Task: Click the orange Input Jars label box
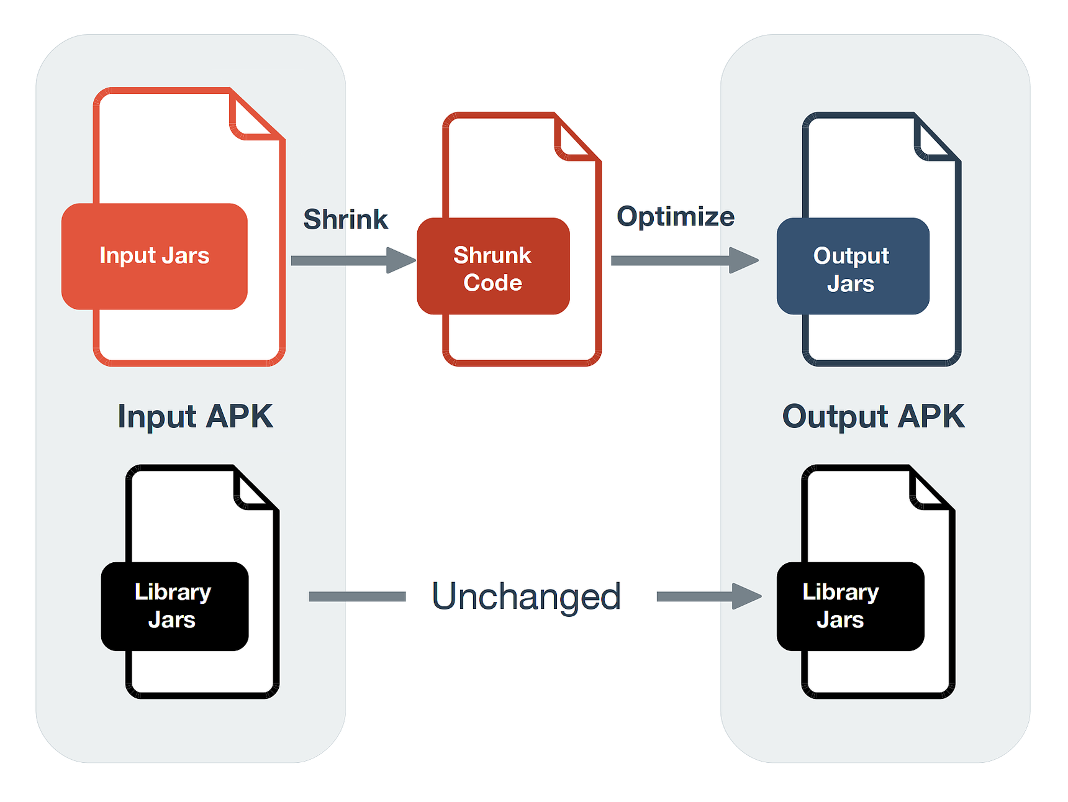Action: tap(155, 256)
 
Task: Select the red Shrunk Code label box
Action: tap(493, 267)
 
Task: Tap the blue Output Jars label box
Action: tap(853, 267)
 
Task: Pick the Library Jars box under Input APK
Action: tap(174, 606)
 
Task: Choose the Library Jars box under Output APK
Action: tap(850, 606)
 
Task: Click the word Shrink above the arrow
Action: tap(345, 219)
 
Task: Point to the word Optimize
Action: tap(676, 217)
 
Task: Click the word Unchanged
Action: tap(526, 596)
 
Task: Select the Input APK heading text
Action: tap(195, 416)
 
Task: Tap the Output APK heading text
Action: tap(873, 416)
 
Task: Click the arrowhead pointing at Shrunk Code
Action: tap(400, 260)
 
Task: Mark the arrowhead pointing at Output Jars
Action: tap(743, 260)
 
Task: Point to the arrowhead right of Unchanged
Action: tap(746, 596)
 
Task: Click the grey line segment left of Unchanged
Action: tap(357, 596)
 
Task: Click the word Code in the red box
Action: tap(493, 283)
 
